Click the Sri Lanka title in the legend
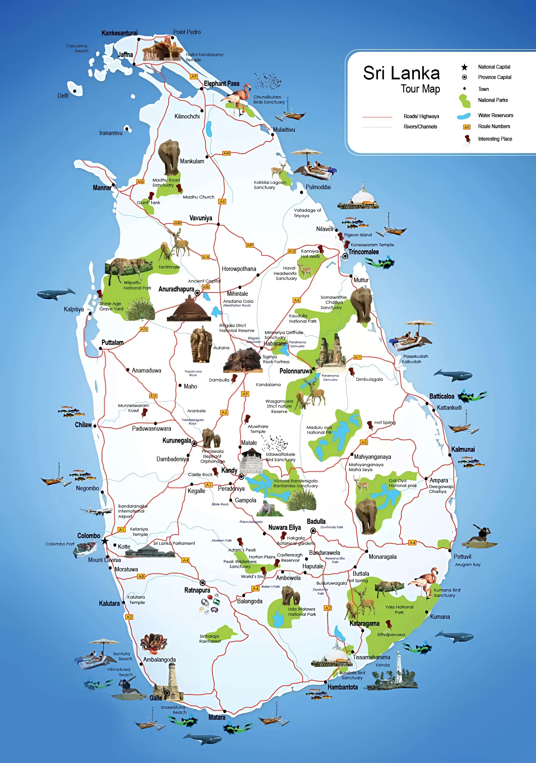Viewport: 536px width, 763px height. coord(401,73)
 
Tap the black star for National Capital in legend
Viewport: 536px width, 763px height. coord(464,67)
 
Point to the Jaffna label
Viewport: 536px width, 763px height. coord(125,55)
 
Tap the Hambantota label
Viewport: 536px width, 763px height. coord(343,687)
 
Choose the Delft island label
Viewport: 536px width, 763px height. coord(63,96)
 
